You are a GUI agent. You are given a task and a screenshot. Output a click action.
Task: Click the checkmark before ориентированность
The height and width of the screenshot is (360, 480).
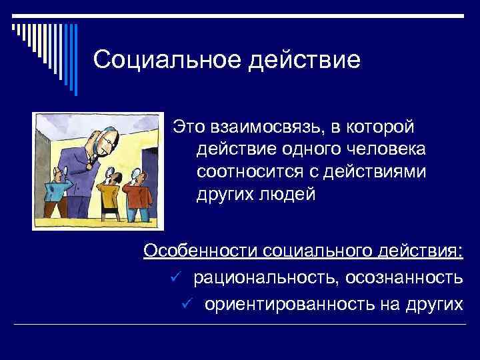(x=188, y=303)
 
